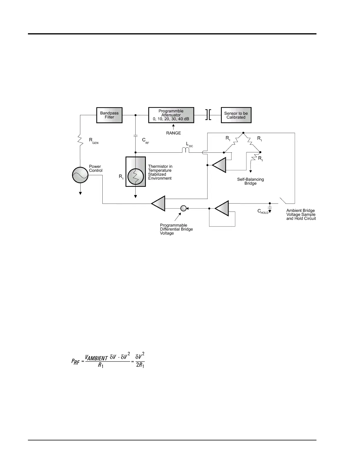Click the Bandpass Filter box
pos(109,115)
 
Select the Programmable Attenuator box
pos(171,115)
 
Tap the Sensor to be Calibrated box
pos(236,115)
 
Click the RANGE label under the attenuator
pos(174,133)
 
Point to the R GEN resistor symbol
pos(80,139)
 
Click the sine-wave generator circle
pos(80,175)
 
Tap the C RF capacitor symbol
pos(136,136)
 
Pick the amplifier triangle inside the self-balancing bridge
pos(219,165)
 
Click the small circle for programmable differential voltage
pos(183,208)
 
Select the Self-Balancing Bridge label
pos(250,181)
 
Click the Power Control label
pos(96,168)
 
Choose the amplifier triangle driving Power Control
pos(159,203)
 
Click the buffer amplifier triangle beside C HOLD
pos(222,208)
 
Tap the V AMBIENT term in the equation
pos(96,358)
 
